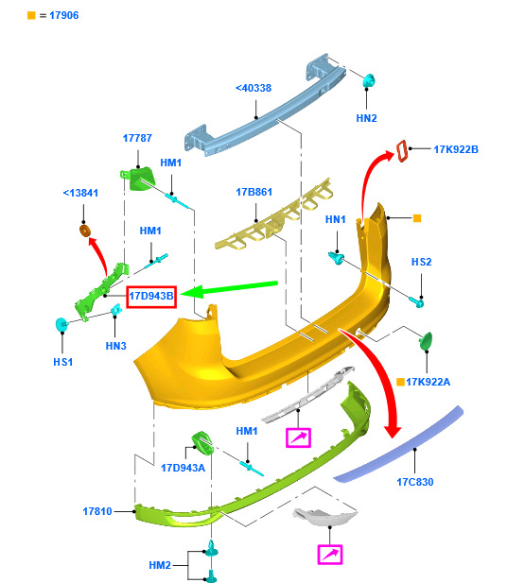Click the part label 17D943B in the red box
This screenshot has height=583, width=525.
point(151,296)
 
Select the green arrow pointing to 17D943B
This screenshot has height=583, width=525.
point(229,289)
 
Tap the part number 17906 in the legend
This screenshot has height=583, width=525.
point(64,15)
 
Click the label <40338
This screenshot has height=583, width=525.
point(254,88)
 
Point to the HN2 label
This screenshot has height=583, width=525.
point(366,118)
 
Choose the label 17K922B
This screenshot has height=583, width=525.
point(456,149)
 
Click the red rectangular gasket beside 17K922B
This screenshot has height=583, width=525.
point(401,151)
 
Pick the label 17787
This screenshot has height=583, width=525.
point(137,138)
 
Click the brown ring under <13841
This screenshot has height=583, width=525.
point(85,231)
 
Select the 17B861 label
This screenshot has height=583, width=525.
point(254,192)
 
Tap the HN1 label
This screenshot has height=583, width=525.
point(336,219)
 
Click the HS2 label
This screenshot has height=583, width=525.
point(421,262)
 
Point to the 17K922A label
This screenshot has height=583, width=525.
point(428,382)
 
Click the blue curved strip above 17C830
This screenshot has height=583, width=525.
point(398,445)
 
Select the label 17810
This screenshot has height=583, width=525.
point(97,511)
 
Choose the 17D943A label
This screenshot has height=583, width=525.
point(183,468)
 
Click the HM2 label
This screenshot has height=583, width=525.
point(160,565)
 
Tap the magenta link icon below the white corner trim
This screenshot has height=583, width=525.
point(330,555)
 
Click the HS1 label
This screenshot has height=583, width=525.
point(63,362)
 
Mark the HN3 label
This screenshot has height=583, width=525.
point(115,346)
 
